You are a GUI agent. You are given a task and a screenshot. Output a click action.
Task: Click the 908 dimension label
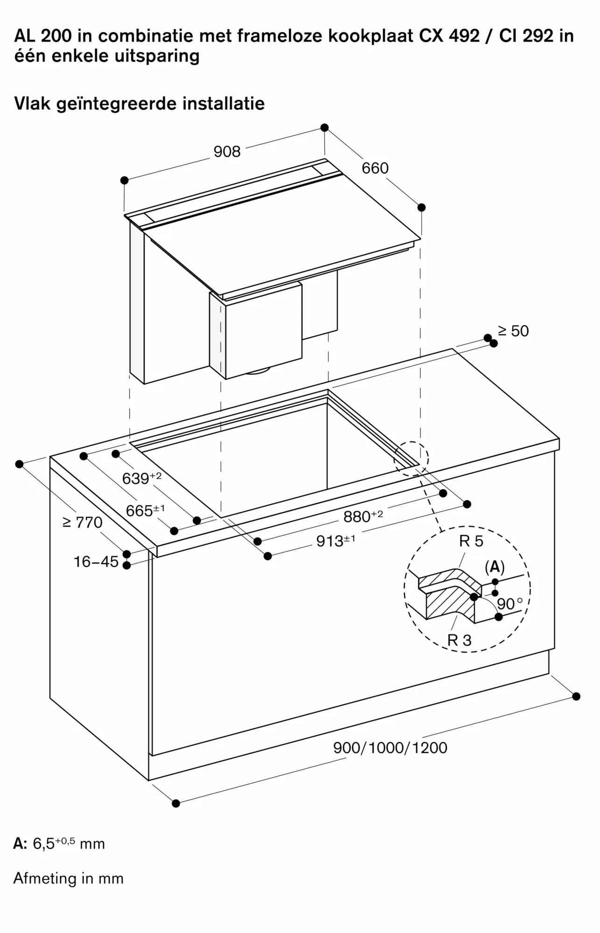[227, 152]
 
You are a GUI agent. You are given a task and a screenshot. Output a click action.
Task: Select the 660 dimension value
[375, 168]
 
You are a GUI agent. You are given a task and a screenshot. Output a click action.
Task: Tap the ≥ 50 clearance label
[513, 331]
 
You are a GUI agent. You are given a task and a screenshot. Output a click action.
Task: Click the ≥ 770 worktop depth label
[83, 522]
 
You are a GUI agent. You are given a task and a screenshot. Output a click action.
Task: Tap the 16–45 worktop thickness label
[96, 562]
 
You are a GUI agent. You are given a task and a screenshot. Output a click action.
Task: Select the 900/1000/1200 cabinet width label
[390, 748]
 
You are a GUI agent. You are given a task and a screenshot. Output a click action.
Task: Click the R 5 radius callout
[471, 541]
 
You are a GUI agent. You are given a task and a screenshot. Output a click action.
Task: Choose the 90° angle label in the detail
[509, 604]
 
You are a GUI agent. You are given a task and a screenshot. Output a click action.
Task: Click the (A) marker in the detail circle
[494, 567]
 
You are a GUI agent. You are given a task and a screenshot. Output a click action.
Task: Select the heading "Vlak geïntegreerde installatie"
[139, 103]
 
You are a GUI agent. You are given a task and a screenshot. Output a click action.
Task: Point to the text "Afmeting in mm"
[69, 878]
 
